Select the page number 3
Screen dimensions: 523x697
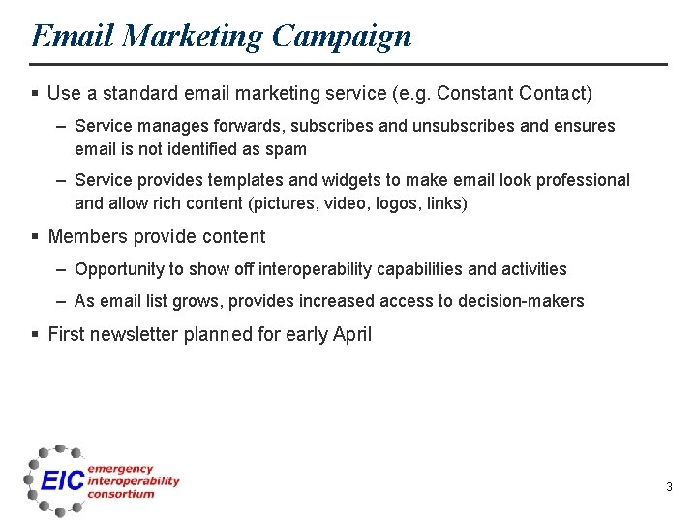coord(669,487)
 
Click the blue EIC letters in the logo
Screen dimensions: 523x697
coord(62,480)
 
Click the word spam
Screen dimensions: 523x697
coord(288,149)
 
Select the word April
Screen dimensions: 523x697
coord(351,334)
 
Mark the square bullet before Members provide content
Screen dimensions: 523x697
coord(35,237)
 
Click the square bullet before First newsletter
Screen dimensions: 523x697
coord(35,335)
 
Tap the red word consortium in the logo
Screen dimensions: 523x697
coord(121,494)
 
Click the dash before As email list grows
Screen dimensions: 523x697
coord(61,301)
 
